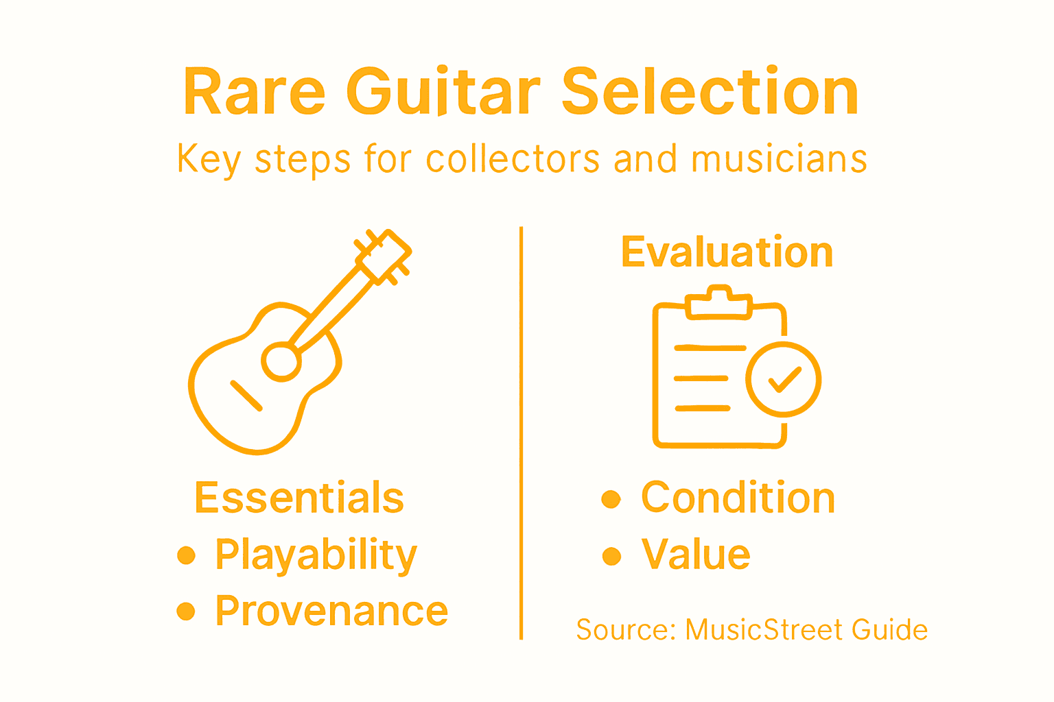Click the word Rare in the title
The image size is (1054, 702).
click(x=254, y=92)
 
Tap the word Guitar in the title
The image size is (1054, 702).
click(x=443, y=92)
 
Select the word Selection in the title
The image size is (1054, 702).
click(x=710, y=92)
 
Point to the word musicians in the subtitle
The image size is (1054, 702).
click(x=779, y=159)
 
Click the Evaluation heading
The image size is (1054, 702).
click(x=727, y=252)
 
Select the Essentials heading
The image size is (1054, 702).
click(x=299, y=498)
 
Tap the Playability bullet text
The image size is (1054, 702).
click(x=316, y=555)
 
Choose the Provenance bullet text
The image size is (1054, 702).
click(x=331, y=611)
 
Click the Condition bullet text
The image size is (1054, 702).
click(x=738, y=498)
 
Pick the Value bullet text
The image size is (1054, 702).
click(x=696, y=555)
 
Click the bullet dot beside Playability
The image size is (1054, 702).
click(x=186, y=555)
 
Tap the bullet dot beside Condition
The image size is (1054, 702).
click(x=611, y=499)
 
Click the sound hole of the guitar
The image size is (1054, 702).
click(x=280, y=361)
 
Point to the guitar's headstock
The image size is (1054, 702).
click(x=383, y=255)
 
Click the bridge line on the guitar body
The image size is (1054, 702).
click(x=246, y=396)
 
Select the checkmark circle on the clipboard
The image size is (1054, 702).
click(x=783, y=378)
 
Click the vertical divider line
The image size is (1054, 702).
click(x=522, y=432)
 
